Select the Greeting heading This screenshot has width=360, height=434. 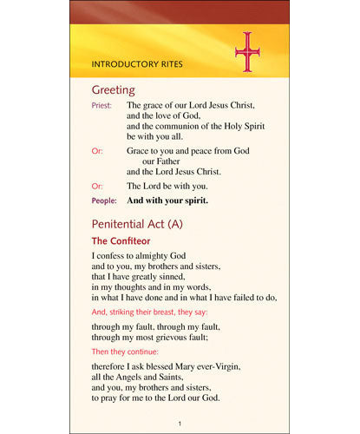(113, 89)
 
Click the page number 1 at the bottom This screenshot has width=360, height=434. (179, 423)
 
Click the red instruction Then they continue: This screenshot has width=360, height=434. (126, 352)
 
